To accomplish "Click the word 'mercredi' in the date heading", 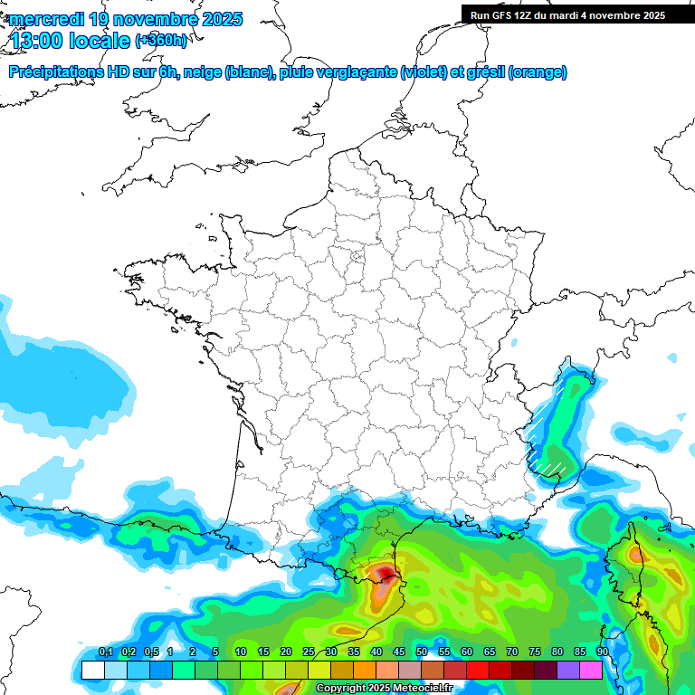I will pyautogui.click(x=46, y=19).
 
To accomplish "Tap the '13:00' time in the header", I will pyautogui.click(x=34, y=40).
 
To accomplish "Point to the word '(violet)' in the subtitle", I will pyautogui.click(x=424, y=72).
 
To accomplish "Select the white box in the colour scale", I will pyautogui.click(x=92, y=670).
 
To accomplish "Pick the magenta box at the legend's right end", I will pyautogui.click(x=590, y=670).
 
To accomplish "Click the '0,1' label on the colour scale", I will pyautogui.click(x=105, y=652).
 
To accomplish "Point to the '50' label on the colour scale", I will pyautogui.click(x=422, y=652).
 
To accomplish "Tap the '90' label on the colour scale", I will pyautogui.click(x=603, y=652).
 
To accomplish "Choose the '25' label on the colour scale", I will pyautogui.click(x=309, y=652).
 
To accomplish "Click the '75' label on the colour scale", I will pyautogui.click(x=535, y=652).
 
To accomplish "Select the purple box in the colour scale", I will pyautogui.click(x=567, y=670).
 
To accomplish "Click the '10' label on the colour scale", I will pyautogui.click(x=241, y=652).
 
